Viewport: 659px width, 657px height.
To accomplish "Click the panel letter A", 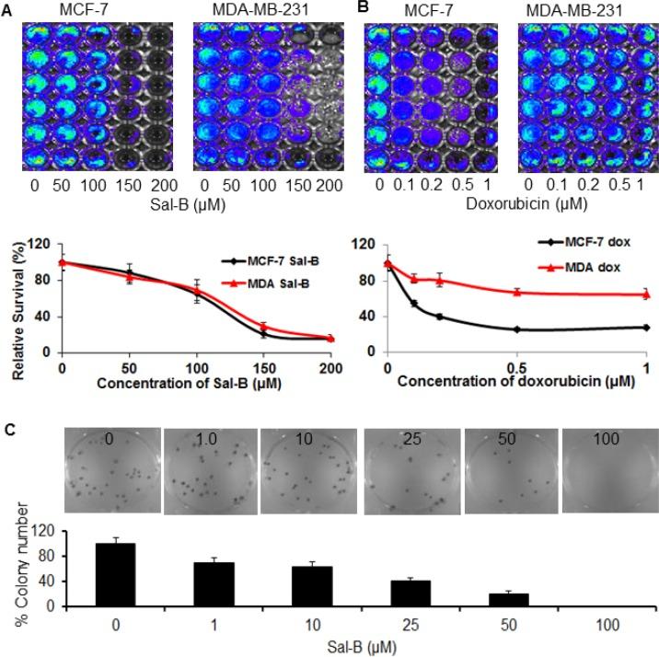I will click(6, 8).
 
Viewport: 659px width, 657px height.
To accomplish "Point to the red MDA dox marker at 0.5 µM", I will click(517, 292).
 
